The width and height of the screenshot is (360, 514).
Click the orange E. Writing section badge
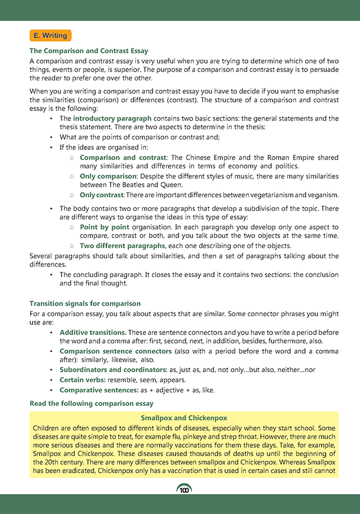(x=50, y=35)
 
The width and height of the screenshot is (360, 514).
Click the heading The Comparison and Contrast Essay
(x=89, y=51)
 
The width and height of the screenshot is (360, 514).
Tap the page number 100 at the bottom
(x=184, y=490)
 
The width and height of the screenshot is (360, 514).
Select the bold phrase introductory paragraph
(x=112, y=119)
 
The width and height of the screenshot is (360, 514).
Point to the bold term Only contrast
(x=102, y=195)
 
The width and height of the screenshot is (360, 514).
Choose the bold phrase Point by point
(x=105, y=227)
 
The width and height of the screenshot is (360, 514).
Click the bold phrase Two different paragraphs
(x=122, y=245)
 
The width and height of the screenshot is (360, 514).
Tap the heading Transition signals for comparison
(x=85, y=304)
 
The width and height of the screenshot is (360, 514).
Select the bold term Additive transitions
(x=92, y=333)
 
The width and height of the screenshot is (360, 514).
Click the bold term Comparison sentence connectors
(x=115, y=351)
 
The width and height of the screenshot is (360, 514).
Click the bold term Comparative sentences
(x=95, y=390)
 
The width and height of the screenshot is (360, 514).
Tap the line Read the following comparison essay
(x=92, y=404)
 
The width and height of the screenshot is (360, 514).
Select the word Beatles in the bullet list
(x=137, y=186)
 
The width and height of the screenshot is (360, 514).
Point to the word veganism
(x=322, y=195)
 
